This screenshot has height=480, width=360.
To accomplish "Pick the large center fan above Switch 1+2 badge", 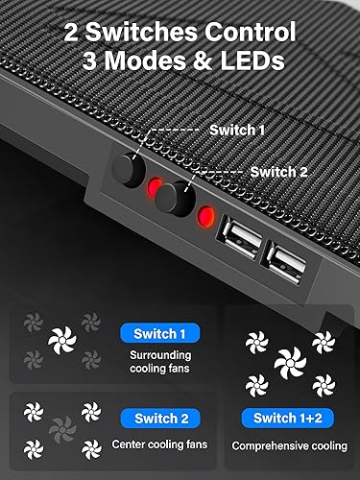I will tap(288, 364).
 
